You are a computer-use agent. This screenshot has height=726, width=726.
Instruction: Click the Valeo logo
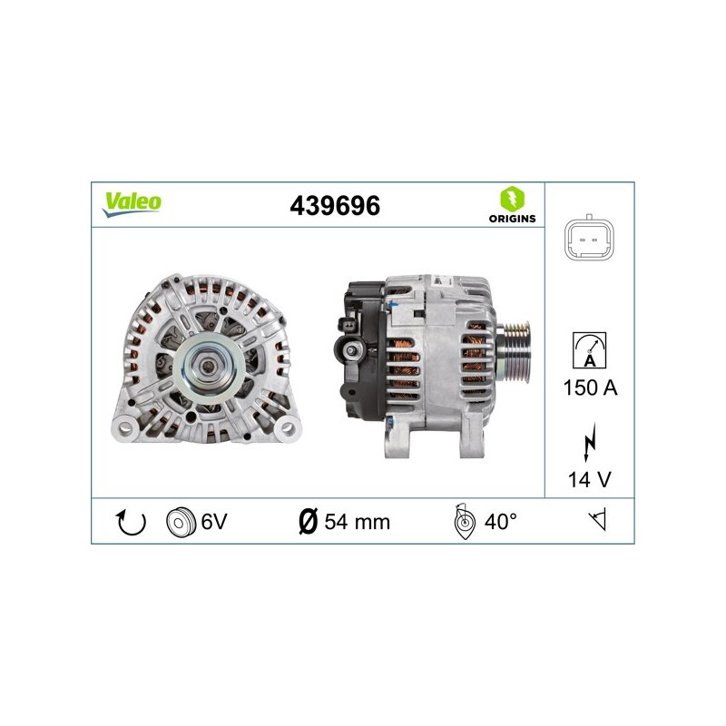tap(132, 204)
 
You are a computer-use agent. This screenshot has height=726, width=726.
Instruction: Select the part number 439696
tap(335, 206)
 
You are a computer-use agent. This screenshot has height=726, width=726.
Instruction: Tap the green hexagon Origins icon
tap(513, 199)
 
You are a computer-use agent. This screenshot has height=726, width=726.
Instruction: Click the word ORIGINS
tap(512, 219)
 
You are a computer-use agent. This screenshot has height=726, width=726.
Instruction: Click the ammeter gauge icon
tap(589, 350)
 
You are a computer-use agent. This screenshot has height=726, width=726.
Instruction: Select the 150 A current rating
tap(591, 388)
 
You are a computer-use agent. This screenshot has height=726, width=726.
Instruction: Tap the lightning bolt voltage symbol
tap(589, 442)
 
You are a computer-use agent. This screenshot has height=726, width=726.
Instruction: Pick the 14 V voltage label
tap(589, 480)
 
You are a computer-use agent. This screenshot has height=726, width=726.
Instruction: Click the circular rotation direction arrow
tap(131, 523)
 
